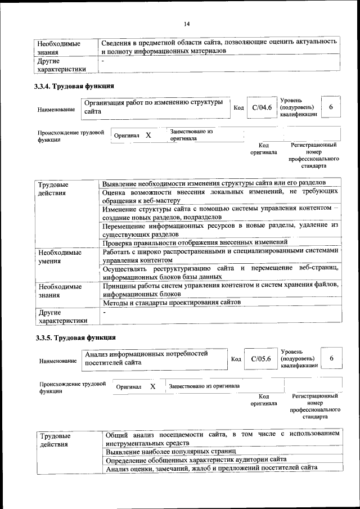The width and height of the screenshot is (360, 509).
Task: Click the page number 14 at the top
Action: click(187, 24)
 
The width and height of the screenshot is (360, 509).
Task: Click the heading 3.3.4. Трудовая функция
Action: click(75, 87)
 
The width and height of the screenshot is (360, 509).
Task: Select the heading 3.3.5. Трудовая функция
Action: click(75, 337)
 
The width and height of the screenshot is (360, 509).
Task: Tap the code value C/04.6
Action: click(262, 107)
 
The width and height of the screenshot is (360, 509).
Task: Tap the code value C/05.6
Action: click(261, 358)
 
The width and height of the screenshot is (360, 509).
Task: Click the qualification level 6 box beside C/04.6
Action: click(331, 107)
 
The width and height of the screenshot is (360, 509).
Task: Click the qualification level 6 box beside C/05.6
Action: click(332, 358)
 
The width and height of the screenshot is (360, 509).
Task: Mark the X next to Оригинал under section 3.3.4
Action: click(148, 136)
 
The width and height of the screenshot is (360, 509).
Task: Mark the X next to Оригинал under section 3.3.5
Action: click(152, 386)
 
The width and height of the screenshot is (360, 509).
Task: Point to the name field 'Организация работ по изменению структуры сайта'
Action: click(155, 107)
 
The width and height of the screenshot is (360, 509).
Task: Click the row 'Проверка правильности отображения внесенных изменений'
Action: click(199, 242)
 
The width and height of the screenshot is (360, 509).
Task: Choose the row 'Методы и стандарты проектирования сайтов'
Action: click(172, 303)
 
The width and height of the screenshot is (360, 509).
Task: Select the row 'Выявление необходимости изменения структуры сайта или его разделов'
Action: click(214, 183)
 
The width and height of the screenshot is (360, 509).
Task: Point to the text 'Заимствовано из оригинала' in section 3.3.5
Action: click(204, 386)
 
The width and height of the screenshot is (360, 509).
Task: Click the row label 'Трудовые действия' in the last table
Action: click(55, 440)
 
